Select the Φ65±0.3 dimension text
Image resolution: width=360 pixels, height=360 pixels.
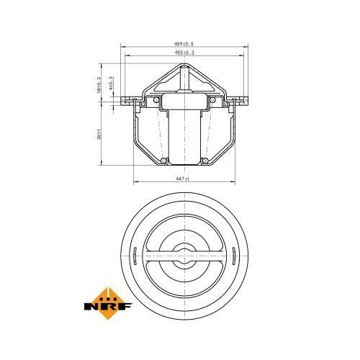coord(185,53)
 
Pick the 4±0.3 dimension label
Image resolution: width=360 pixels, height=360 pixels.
coord(111,84)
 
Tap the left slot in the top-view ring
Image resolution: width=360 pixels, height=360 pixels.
coord(135,253)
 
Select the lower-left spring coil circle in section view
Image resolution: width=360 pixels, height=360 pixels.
coord(164,159)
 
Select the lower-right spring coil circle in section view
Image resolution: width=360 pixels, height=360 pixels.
coord(205,159)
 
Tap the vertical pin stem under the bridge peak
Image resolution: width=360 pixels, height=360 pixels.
coord(185,79)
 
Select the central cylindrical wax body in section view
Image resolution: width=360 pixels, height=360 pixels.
coord(185,130)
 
